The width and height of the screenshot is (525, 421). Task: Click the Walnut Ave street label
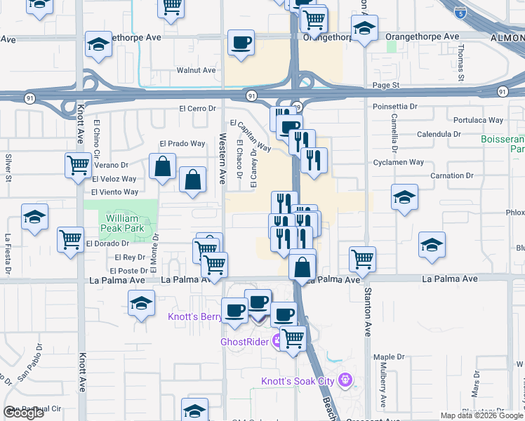(x=196, y=70)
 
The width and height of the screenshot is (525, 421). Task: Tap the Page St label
(x=385, y=85)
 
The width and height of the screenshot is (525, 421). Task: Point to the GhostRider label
(x=245, y=342)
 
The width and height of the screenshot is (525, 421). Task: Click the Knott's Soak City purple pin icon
(x=345, y=381)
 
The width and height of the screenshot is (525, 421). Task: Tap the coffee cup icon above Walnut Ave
(x=241, y=43)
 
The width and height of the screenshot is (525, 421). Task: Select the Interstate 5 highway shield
(x=459, y=13)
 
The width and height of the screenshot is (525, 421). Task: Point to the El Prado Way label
(x=182, y=143)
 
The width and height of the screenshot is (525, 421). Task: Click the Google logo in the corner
(x=23, y=413)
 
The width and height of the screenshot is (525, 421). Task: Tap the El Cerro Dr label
(x=197, y=109)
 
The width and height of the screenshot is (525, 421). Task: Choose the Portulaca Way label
(x=478, y=120)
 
